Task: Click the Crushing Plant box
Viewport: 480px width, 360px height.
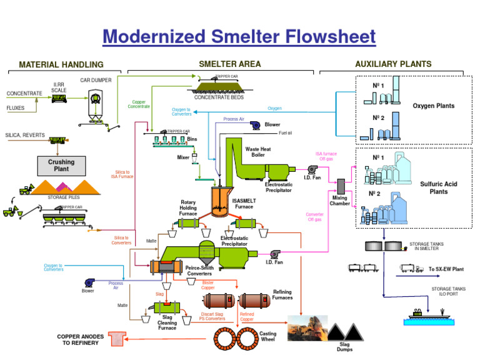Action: click(x=61, y=166)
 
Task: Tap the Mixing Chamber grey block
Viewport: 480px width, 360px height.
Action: click(x=341, y=186)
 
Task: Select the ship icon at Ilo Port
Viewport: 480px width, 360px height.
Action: click(x=425, y=314)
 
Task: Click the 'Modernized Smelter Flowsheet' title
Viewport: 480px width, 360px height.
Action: click(x=239, y=37)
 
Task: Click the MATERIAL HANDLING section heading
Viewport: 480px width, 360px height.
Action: click(x=61, y=64)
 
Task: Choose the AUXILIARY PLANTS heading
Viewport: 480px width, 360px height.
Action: click(x=392, y=64)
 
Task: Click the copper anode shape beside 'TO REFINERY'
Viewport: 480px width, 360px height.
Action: click(x=116, y=339)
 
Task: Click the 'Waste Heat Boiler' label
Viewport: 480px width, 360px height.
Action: click(x=259, y=152)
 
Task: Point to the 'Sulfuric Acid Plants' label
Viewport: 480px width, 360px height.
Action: click(x=438, y=187)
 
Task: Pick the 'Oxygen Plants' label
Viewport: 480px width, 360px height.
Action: click(x=433, y=106)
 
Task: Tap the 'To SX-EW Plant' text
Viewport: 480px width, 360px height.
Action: click(x=446, y=269)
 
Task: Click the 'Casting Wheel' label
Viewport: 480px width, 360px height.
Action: click(x=267, y=337)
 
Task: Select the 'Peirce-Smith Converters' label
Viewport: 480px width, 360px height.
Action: click(x=199, y=271)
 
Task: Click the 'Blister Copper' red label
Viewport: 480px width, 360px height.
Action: click(x=208, y=285)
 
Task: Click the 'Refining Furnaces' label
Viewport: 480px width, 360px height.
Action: click(x=282, y=294)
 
